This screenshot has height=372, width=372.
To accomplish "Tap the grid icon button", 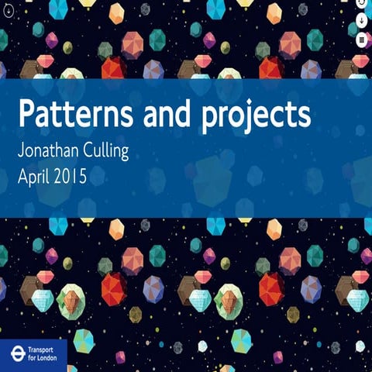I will click(361, 38).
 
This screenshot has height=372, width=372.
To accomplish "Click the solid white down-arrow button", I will click(361, 21).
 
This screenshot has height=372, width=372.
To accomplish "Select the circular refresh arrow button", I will click(361, 4).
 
